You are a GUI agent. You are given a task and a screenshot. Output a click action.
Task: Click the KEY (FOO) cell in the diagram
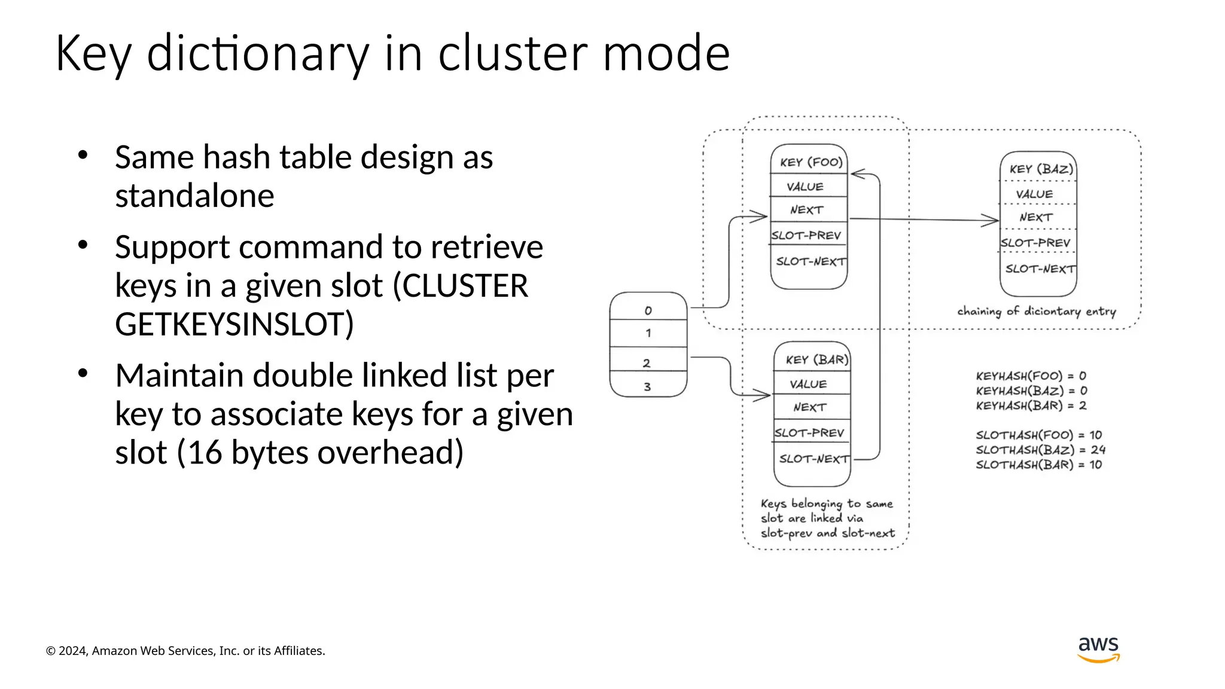pos(810,162)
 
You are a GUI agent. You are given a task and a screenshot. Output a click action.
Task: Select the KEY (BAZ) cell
pos(1040,169)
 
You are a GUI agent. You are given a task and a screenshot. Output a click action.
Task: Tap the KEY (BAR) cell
pos(816,359)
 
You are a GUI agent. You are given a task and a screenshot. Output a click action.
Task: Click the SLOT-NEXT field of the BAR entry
pos(813,459)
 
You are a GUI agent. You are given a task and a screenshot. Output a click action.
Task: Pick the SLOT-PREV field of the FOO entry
pos(806,236)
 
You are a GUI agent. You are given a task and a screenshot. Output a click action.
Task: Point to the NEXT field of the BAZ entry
pos(1036,218)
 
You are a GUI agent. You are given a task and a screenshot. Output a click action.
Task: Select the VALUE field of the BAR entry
pos(808,384)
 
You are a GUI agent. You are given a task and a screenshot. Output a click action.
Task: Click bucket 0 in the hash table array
pos(648,310)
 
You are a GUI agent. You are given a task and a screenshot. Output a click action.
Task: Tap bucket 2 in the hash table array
pos(647,363)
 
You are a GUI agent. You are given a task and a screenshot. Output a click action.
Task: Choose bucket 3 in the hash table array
pos(647,387)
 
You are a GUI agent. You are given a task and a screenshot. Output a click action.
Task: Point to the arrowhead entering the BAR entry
pos(763,395)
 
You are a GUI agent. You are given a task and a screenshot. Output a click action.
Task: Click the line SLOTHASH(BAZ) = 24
pos(1040,450)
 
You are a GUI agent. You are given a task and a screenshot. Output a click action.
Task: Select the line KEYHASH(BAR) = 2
pos(1031,406)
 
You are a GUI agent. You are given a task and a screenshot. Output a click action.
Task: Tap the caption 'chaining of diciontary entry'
pos(1036,311)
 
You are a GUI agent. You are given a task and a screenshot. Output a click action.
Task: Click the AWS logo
pos(1098,649)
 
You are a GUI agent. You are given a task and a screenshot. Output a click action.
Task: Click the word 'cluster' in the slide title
pos(514,54)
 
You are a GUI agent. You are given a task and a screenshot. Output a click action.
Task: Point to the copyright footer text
pos(185,651)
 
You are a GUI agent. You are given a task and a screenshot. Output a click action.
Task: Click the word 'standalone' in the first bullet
pos(194,196)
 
